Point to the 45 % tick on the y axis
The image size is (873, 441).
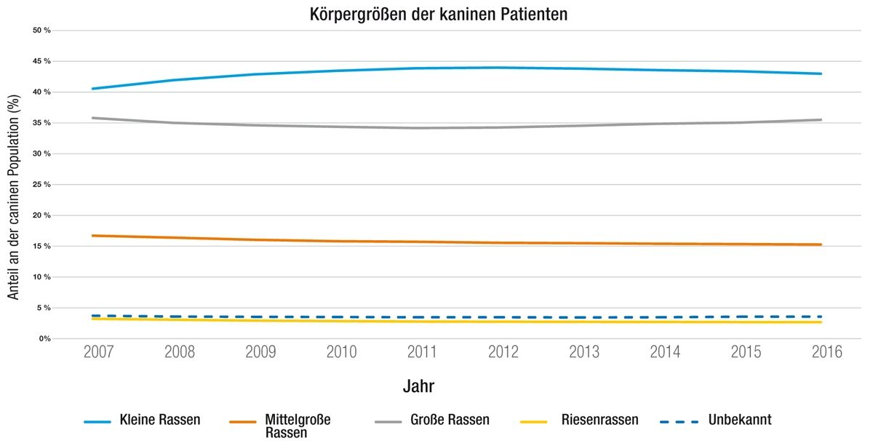pos(41,61)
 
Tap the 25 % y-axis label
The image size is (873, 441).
pos(41,185)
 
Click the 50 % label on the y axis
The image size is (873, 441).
pos(41,31)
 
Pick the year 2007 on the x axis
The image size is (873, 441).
pos(99,353)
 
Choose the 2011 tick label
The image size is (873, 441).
pos(422,353)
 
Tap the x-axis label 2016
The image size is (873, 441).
pos(826,353)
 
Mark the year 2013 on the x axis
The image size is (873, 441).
pos(583,353)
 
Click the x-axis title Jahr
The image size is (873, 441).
pos(419,386)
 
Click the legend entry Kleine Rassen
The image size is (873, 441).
pos(159,420)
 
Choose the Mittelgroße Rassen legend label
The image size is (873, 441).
pos(298,426)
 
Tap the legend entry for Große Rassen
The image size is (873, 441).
pos(449,420)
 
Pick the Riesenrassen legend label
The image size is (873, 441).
pos(599,420)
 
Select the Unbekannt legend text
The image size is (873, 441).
pos(741,420)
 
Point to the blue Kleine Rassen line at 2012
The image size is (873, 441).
pos(503,68)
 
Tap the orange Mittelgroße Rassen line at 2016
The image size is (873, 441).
pos(821,245)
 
